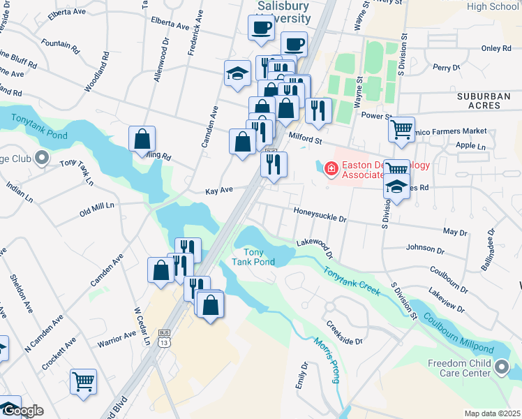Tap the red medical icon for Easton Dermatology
click(x=329, y=168)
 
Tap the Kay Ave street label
click(x=218, y=191)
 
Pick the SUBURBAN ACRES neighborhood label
click(x=489, y=101)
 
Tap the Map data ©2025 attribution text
click(x=492, y=413)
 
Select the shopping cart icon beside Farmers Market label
click(x=401, y=129)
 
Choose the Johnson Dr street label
click(x=426, y=248)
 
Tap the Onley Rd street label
click(x=496, y=49)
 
